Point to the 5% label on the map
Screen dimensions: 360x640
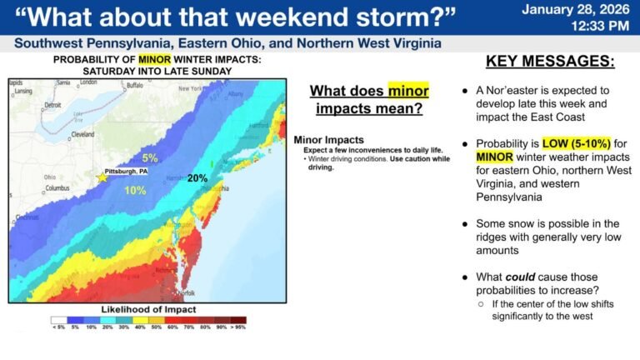(x=149, y=157)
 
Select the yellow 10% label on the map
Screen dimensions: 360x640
(x=135, y=190)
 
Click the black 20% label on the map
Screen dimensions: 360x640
(x=197, y=178)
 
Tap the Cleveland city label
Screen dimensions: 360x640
(x=82, y=133)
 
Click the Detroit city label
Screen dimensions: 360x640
(x=52, y=105)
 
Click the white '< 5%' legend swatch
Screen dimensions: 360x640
(x=58, y=318)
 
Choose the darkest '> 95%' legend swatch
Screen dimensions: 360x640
(x=238, y=318)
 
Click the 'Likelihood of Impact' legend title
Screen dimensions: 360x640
(x=147, y=309)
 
